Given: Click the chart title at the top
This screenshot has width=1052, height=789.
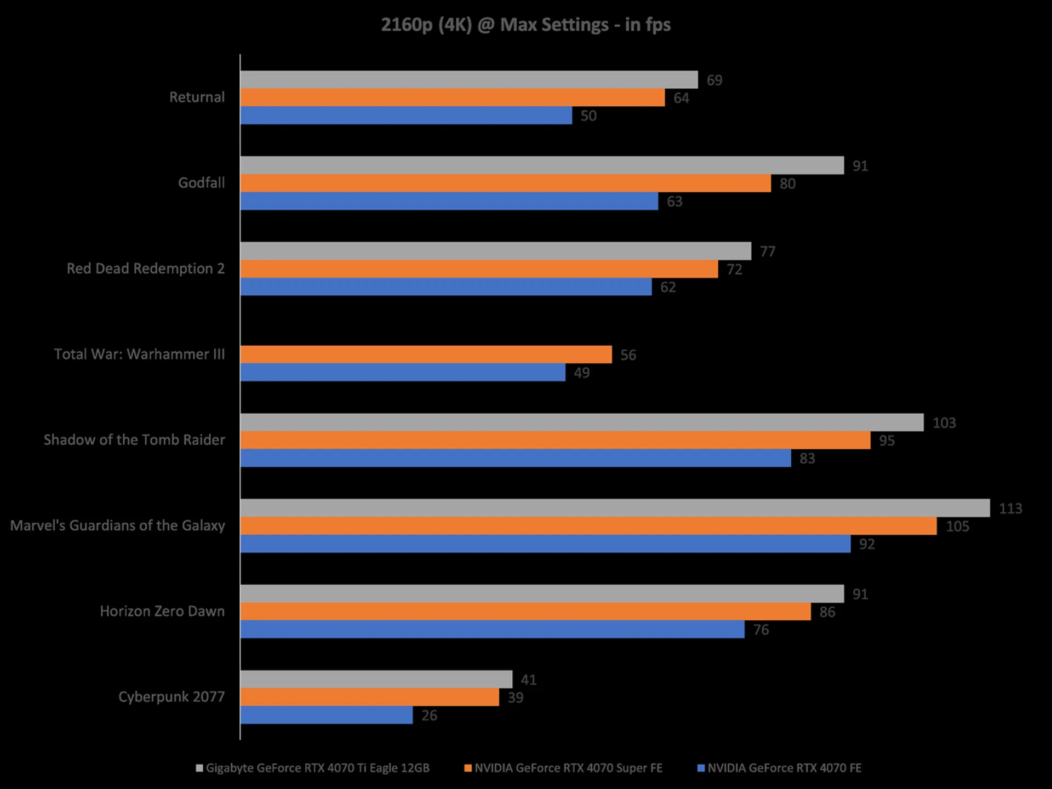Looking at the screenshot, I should coord(525,25).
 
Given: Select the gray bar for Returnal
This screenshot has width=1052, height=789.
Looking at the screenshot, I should coord(469,80).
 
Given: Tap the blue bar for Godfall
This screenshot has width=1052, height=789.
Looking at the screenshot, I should coord(449,201).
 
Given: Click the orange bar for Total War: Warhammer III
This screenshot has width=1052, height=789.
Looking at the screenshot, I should coord(426,355).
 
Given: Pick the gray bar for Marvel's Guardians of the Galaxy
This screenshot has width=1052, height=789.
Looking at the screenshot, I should coord(615,508).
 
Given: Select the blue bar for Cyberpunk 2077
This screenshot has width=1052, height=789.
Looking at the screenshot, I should coord(327,715).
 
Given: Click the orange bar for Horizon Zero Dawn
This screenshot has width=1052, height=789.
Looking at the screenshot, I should coord(525,611).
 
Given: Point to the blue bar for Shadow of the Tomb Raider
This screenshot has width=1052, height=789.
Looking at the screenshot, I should coord(516,458).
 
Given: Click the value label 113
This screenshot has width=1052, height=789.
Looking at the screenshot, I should coord(1010,508).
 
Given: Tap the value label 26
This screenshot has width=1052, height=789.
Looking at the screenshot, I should coord(429,716).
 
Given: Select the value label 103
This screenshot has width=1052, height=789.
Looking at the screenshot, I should coord(944,423).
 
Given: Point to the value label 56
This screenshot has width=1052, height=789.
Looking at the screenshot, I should coord(628,355).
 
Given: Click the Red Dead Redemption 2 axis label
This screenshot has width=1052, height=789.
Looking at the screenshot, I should coord(146,268).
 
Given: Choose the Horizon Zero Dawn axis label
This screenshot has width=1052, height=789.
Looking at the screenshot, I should coord(162,611).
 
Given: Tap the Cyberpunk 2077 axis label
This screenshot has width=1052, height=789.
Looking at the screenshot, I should coord(171,697).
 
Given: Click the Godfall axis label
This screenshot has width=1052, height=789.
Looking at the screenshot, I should coord(201,183).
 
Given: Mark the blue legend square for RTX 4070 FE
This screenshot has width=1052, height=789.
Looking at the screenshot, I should coord(700,768).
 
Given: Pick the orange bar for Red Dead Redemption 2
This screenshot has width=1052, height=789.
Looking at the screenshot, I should coord(479,269).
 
